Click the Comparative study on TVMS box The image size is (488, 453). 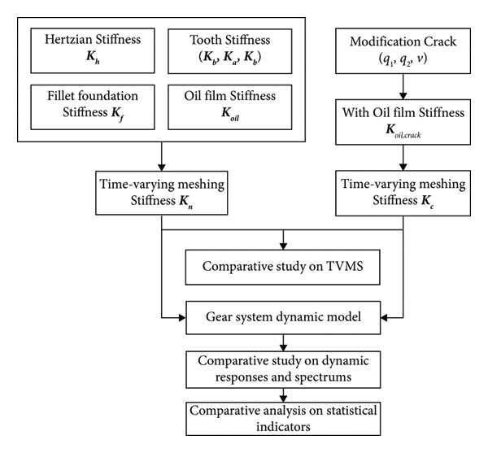pyautogui.click(x=282, y=267)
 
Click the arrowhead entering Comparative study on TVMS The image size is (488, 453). pyautogui.click(x=282, y=244)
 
